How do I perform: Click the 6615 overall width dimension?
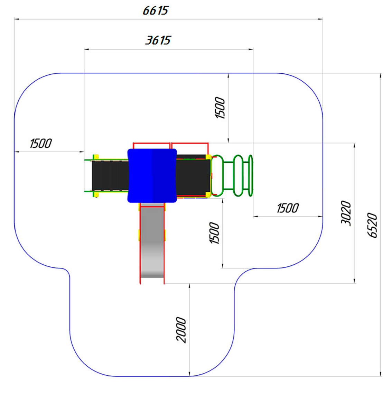[x=155, y=11]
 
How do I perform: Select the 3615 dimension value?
[x=158, y=40]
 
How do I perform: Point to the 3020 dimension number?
[x=346, y=213]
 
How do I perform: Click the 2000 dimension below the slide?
[x=181, y=330]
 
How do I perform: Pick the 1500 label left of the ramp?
[x=41, y=143]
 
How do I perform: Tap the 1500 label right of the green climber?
[x=287, y=208]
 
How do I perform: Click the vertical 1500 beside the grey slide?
[x=215, y=233]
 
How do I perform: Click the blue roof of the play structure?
[x=152, y=175]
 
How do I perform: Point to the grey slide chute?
[x=152, y=242]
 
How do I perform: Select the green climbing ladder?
[x=233, y=175]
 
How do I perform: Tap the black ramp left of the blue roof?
[x=110, y=175]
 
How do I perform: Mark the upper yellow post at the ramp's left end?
[x=96, y=157]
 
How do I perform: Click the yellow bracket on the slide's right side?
[x=165, y=235]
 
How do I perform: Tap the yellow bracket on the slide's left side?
[x=139, y=235]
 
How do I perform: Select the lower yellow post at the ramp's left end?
[x=96, y=194]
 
